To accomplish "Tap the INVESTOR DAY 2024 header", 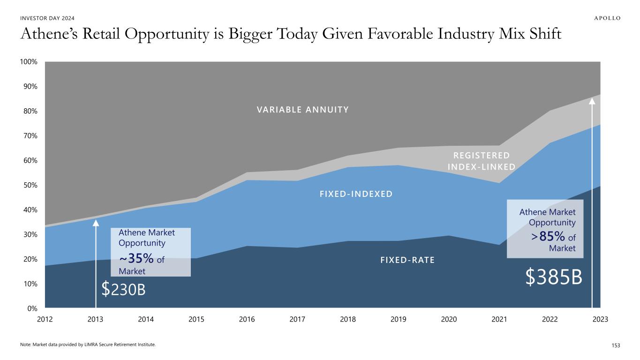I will coord(47,18).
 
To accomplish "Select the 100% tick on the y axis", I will coord(29,62).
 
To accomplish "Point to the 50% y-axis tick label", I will coord(30,185).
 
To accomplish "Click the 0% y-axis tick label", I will coord(32,308).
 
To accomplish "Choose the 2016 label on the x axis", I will coord(247,319).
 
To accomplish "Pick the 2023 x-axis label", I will coord(600,319).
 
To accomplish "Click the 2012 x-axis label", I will coord(45,319).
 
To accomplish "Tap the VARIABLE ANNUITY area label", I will coord(303,110).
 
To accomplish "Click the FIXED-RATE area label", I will coord(407,260).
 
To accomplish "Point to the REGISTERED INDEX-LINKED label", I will coord(482,161).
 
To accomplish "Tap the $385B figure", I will coord(554,278).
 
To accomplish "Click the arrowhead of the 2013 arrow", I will coord(96,222).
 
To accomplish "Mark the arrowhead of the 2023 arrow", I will coord(592,100).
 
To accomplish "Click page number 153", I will coord(616,345).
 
